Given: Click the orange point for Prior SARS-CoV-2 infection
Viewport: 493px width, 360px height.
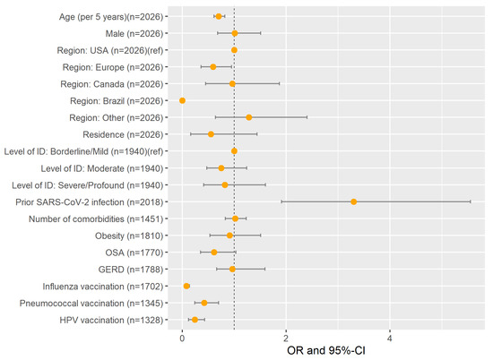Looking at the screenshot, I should coord(354,201).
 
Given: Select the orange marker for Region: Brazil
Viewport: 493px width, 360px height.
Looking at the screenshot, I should coord(182,100).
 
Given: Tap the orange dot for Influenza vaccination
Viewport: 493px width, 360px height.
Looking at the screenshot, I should coord(186,286).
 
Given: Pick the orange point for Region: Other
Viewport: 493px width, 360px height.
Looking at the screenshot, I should coord(249,117).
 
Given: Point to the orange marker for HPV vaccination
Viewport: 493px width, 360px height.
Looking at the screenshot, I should coord(195,320).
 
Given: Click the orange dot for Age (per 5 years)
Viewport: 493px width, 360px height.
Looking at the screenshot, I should coord(219,16).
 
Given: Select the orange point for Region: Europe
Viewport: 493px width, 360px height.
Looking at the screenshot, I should coord(213,66).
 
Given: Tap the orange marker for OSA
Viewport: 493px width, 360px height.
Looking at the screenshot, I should coord(214,253).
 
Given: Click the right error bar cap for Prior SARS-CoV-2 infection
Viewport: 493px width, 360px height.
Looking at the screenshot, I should coord(471,201).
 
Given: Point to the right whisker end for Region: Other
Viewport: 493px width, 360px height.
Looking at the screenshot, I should coord(307,117).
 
